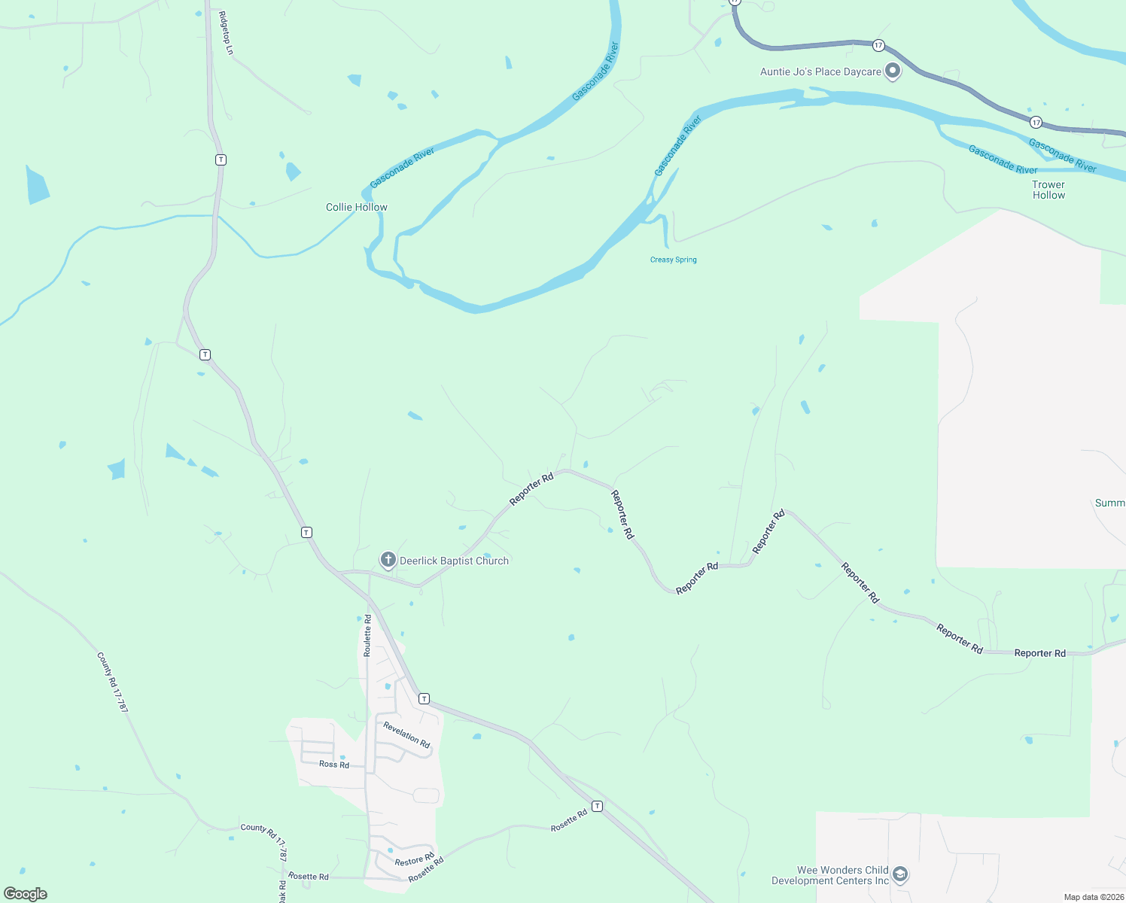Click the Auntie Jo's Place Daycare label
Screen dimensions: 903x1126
(820, 72)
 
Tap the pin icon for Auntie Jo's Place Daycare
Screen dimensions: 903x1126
(893, 71)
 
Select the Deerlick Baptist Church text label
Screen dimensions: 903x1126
(454, 561)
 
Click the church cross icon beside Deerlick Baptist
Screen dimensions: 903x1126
(388, 560)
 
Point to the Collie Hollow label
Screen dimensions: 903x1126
(357, 207)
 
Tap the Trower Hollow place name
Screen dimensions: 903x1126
(1048, 190)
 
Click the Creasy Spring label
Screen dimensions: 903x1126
(674, 260)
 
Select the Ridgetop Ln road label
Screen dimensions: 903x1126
(226, 32)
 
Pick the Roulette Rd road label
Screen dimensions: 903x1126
(367, 636)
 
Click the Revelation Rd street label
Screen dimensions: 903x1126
(406, 734)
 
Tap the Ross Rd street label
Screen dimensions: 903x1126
(334, 765)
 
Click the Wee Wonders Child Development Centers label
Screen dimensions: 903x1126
(830, 875)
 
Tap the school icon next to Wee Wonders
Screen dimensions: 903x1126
(899, 875)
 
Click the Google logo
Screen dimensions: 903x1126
(26, 894)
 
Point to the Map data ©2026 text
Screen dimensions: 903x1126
(1093, 897)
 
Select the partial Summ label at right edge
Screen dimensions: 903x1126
(1110, 503)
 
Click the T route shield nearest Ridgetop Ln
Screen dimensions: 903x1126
(221, 160)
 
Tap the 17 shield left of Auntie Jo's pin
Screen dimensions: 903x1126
(878, 46)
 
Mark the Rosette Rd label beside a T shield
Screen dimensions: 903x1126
(569, 820)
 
